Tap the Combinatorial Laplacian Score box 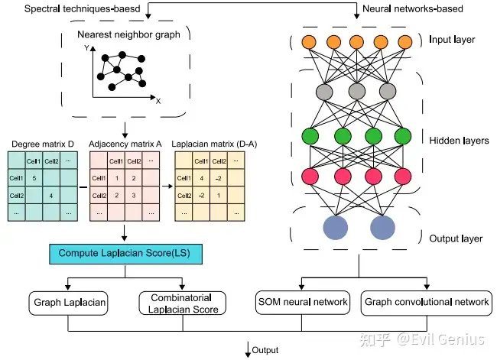tap(184, 303)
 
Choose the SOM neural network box tap(302, 302)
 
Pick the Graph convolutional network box tap(426, 302)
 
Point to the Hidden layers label tap(460, 141)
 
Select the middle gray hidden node tap(356, 92)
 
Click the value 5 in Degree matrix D tap(34, 178)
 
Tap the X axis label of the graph tap(158, 100)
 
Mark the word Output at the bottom tap(267, 351)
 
